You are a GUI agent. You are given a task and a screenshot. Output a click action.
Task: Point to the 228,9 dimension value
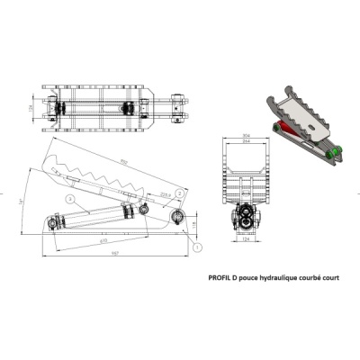tap(165, 193)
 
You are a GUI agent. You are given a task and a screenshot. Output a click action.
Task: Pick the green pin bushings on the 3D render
tap(336, 156)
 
